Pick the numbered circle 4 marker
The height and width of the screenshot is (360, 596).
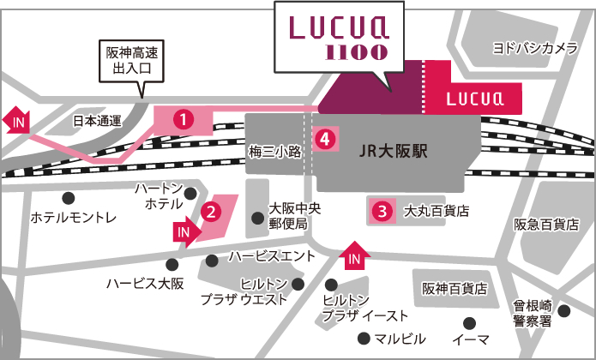coord(324,137)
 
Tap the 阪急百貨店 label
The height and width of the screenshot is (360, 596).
coord(546,225)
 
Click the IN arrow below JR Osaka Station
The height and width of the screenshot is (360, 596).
coord(356,254)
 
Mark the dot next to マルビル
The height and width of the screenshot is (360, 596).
coord(364,337)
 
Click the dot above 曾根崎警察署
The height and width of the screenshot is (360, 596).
coord(563,310)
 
